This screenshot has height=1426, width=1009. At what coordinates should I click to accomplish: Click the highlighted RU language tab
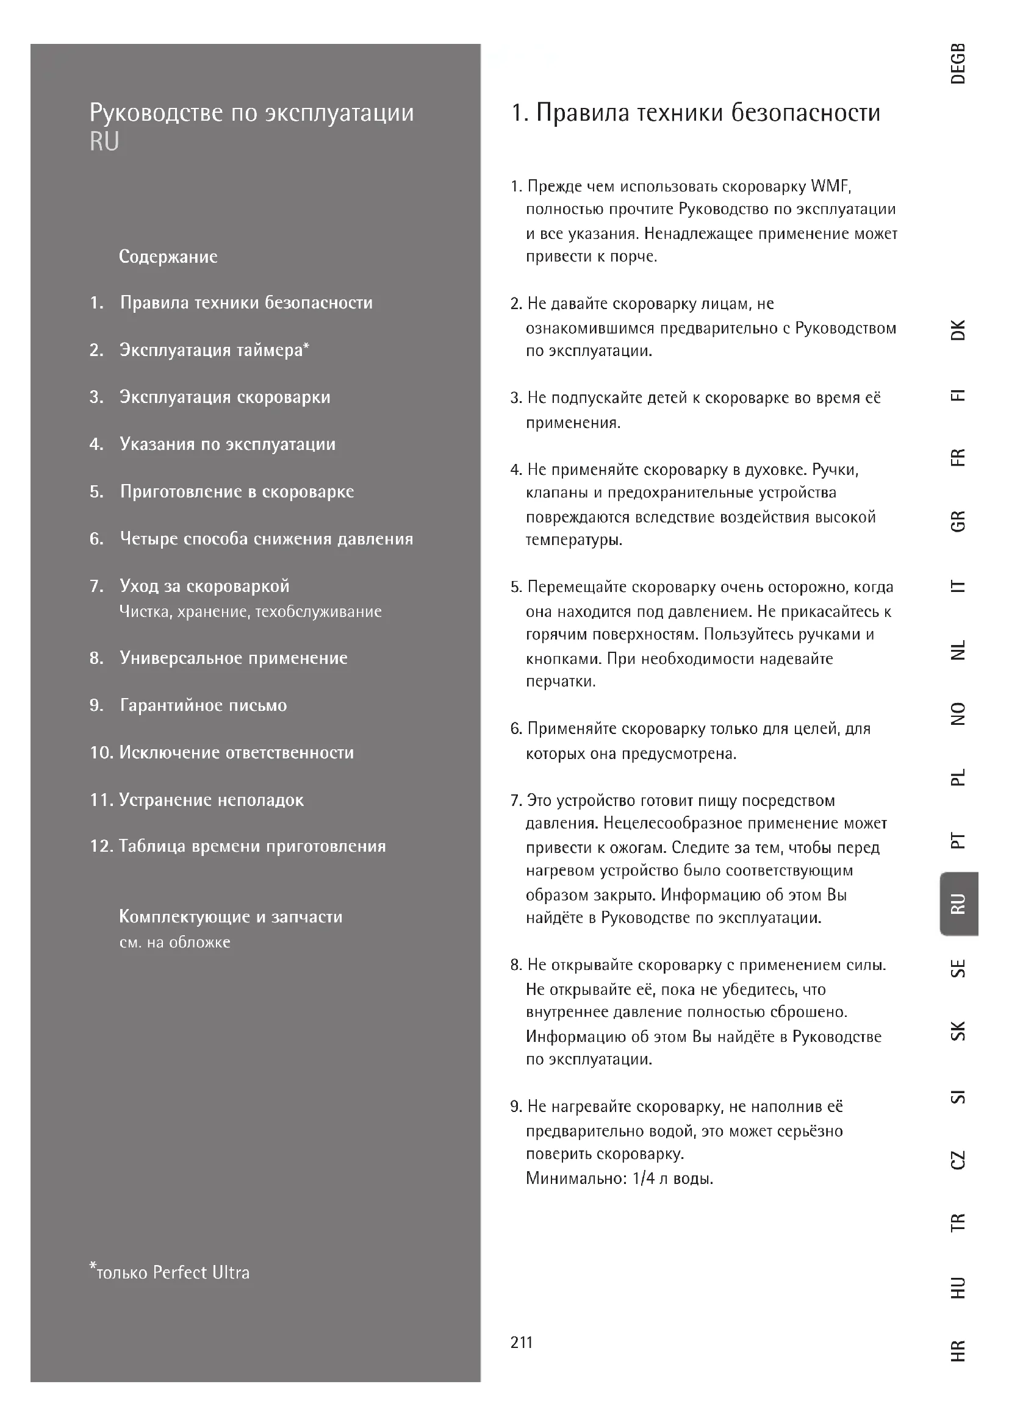click(x=959, y=904)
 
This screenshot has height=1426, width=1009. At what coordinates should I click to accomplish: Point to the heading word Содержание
click(x=168, y=257)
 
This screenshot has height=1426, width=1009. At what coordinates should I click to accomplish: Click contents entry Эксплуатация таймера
click(x=214, y=351)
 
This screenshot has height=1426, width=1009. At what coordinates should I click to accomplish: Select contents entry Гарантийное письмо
click(x=203, y=705)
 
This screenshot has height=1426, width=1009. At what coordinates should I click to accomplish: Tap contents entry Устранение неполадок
click(x=211, y=800)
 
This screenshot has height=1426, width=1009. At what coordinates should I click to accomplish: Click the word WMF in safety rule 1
click(x=830, y=187)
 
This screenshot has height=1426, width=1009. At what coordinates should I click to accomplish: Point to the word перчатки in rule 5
click(x=561, y=682)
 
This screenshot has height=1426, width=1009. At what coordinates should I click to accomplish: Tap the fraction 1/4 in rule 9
click(x=643, y=1178)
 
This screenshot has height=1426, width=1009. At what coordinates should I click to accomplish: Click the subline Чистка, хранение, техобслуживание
click(x=250, y=611)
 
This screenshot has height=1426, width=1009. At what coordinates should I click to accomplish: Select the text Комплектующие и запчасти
click(x=231, y=917)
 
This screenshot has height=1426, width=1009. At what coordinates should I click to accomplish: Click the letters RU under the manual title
click(x=104, y=141)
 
